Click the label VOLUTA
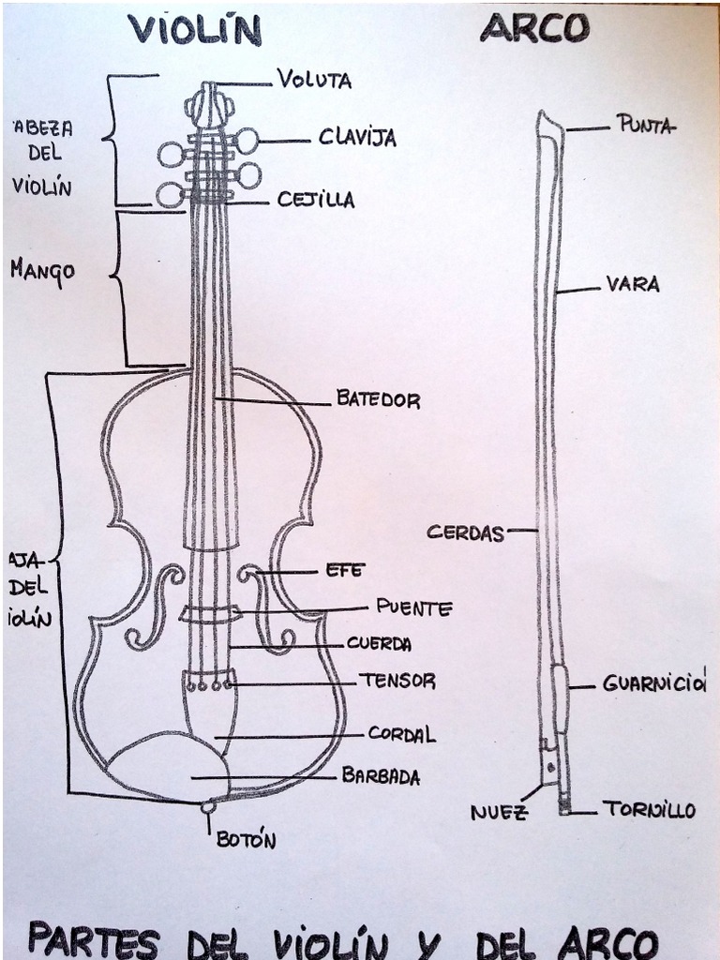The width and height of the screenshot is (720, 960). [x=314, y=80]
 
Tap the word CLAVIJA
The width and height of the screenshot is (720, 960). [x=357, y=137]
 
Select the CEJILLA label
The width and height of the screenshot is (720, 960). [x=316, y=199]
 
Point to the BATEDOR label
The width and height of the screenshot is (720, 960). [x=378, y=399]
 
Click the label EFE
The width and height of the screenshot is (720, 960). [x=344, y=569]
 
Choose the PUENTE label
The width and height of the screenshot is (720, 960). [x=413, y=607]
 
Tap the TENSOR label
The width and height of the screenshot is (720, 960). [x=397, y=681]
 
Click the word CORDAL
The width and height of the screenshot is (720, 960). [x=401, y=734]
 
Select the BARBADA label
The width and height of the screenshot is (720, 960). [x=381, y=776]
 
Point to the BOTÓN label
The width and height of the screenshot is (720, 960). [x=246, y=840]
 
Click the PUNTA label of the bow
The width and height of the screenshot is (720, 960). [x=644, y=125]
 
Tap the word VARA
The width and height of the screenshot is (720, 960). [x=633, y=283]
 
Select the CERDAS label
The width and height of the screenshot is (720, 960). [x=465, y=532]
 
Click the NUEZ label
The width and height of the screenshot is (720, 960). [x=499, y=812]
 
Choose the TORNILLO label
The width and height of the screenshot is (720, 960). [x=649, y=809]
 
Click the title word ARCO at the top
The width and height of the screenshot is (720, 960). [x=534, y=28]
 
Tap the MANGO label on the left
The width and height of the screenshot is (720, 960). [x=42, y=271]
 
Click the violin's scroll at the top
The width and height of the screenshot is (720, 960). [x=208, y=103]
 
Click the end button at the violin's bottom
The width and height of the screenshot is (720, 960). [x=208, y=805]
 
